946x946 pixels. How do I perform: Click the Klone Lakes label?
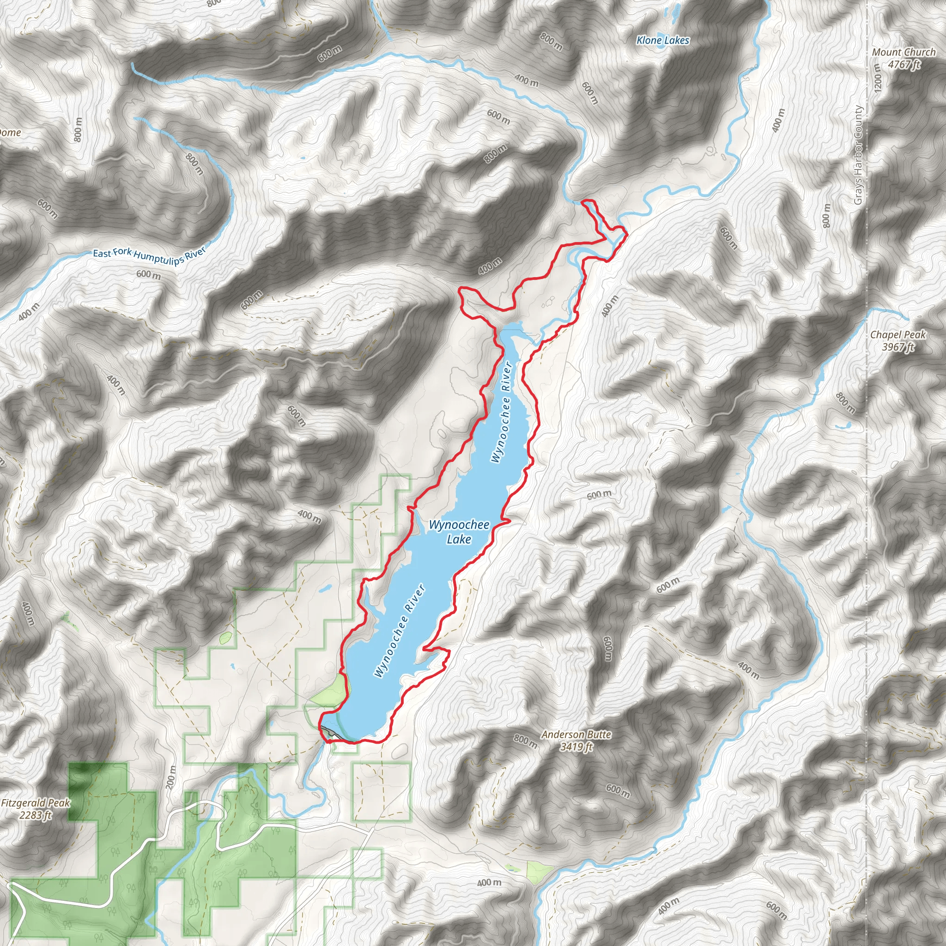click(662, 41)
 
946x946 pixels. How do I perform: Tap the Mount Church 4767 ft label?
click(904, 58)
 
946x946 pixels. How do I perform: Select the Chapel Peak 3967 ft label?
click(898, 341)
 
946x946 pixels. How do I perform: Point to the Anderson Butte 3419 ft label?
click(576, 740)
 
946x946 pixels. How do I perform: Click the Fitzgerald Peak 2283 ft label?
click(35, 809)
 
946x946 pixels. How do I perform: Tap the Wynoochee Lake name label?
click(459, 532)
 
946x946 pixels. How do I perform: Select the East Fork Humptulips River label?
click(149, 254)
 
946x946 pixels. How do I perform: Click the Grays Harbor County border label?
click(858, 155)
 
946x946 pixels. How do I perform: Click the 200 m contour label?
click(171, 777)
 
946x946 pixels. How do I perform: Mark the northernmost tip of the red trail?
click(587, 201)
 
